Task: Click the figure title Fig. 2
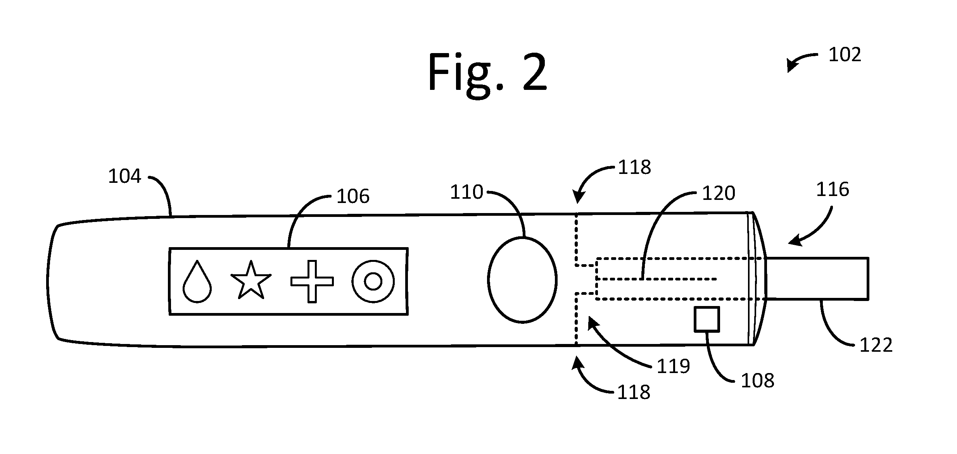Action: pos(487,73)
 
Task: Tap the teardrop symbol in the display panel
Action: pos(197,281)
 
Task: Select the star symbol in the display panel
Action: pos(251,280)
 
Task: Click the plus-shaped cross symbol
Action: pos(312,282)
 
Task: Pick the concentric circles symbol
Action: pos(373,282)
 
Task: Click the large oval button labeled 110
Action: pos(522,279)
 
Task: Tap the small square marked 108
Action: pos(707,319)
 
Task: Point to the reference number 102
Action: pos(845,55)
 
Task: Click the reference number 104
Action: pos(124,177)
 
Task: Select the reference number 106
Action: pos(353,196)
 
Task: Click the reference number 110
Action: pos(466,192)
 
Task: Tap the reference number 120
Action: pos(719,193)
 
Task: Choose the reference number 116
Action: pos(833,189)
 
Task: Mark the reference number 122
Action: pos(876,345)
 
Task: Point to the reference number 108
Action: pos(757,381)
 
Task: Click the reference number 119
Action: pos(673,366)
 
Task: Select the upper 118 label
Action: pos(634,167)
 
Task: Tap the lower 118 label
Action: pos(633,392)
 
